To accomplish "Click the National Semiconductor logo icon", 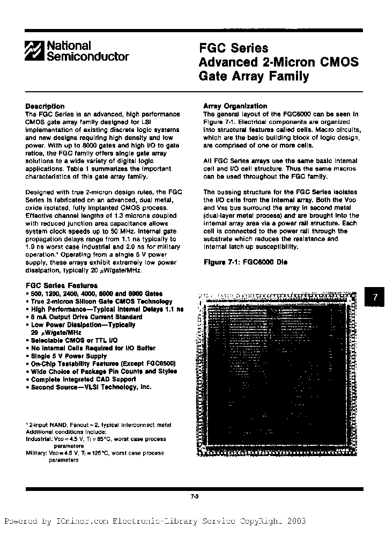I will (x=35, y=51).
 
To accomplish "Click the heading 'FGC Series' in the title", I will (x=233, y=49).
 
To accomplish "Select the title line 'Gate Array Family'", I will (x=254, y=76).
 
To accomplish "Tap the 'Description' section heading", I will (x=45, y=106).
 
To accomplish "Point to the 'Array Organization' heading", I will (x=235, y=106).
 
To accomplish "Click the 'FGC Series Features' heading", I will (x=62, y=286).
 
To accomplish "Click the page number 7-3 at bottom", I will (x=194, y=496).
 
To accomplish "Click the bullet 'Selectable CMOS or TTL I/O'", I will (x=74, y=340).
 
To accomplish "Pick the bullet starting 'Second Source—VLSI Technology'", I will (x=91, y=387).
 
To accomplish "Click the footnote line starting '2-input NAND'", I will (x=99, y=425).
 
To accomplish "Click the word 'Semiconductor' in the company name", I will (x=88, y=56).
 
